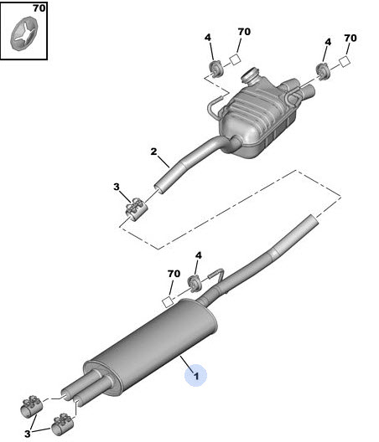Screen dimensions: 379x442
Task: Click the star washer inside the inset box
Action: click(24, 33)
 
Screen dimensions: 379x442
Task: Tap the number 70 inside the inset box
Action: click(39, 8)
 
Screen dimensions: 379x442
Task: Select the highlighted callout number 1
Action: click(196, 376)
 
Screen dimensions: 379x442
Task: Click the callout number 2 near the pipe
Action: click(153, 152)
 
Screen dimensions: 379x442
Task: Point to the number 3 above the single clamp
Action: click(117, 187)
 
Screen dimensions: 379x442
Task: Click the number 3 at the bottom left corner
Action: click(27, 434)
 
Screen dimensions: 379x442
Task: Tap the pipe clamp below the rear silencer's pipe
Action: click(135, 209)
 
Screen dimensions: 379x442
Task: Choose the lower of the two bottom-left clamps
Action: click(62, 424)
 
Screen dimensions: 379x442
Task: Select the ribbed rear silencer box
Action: click(258, 118)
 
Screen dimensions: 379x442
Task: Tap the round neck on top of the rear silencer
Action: click(249, 76)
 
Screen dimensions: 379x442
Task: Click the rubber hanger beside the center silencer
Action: click(195, 284)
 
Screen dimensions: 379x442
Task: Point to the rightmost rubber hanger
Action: click(323, 72)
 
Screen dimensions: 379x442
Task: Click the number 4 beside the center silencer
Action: click(199, 255)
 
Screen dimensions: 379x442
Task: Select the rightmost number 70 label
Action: click(350, 38)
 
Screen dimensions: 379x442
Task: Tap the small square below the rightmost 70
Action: click(345, 62)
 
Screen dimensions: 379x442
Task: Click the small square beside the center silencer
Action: click(168, 302)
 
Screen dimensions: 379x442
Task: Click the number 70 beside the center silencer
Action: click(174, 274)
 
